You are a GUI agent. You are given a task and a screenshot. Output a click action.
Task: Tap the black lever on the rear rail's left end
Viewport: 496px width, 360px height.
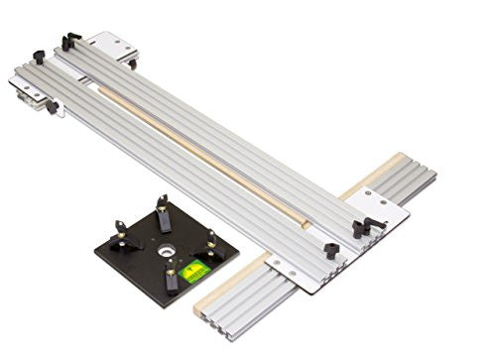coord(70,41)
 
